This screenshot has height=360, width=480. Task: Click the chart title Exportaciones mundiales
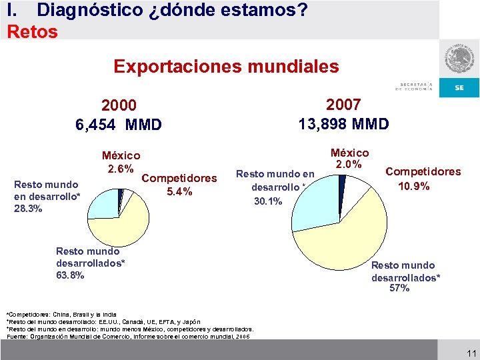coord(226,67)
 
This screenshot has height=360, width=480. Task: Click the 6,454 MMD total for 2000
coord(119,124)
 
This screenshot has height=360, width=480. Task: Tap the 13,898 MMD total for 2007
coord(343,123)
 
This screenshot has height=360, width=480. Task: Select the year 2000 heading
coord(119,106)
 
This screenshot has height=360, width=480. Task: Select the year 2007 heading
coord(343,105)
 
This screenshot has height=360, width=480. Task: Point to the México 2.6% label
coord(121,161)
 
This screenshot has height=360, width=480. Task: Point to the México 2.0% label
coord(349,159)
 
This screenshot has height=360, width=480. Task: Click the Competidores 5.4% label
coord(179,185)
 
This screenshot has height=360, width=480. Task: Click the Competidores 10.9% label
coord(423,179)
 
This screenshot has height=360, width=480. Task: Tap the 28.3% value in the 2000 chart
coord(28,209)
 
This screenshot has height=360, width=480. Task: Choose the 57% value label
coord(400,288)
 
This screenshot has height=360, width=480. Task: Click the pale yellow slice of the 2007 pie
coord(347,240)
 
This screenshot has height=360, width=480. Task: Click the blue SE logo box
coord(459,87)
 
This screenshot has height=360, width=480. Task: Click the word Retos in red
coord(32,31)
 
